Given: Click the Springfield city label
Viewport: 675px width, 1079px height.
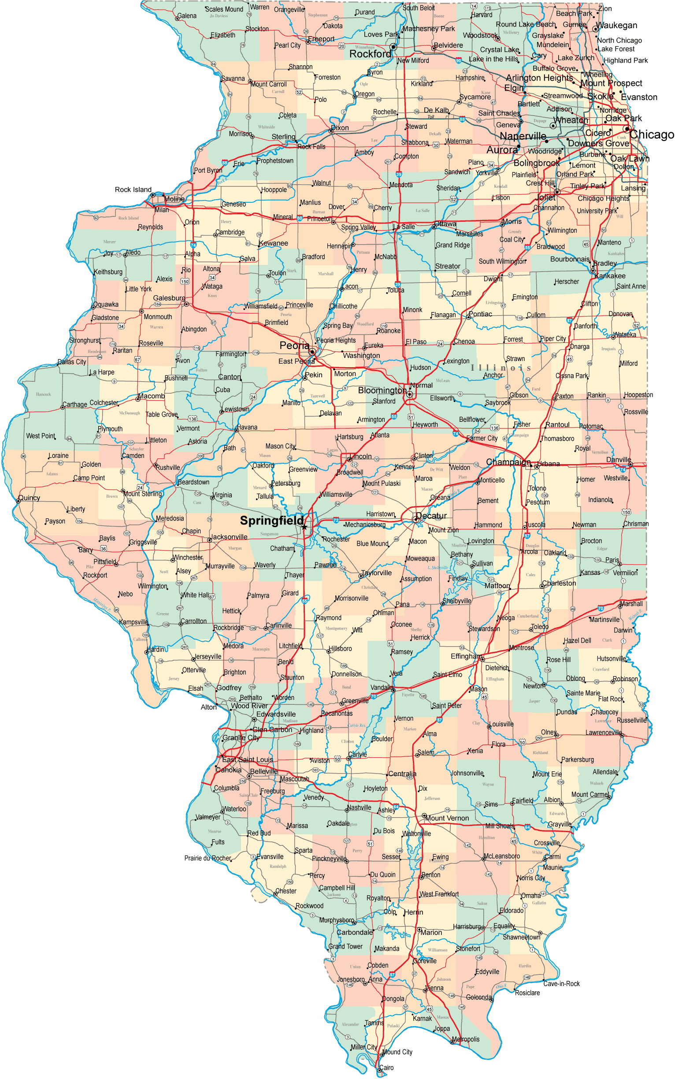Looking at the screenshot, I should [x=271, y=520].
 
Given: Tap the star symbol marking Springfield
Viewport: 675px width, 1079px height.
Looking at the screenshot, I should [x=304, y=528].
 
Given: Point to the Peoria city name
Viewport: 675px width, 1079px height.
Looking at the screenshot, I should [x=294, y=345].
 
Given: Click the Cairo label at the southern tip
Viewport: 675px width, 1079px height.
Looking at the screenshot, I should [x=386, y=1068].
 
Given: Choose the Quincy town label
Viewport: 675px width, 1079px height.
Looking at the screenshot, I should [x=29, y=498].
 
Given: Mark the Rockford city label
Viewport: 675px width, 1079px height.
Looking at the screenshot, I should [x=370, y=54].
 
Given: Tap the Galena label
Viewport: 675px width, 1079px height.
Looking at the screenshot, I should [x=187, y=15].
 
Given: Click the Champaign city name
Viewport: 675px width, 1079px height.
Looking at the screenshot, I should [x=508, y=462].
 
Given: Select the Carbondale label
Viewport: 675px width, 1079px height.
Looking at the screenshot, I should [x=355, y=932].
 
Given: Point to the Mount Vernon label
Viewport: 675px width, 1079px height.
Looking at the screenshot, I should [x=447, y=818].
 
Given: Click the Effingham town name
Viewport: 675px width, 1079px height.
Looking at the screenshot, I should [x=466, y=656].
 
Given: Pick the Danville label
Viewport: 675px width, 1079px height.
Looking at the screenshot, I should [x=618, y=460].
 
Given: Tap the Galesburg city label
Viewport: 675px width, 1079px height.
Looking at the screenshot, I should [x=169, y=298].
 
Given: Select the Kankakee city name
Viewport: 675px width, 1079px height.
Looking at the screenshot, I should [x=610, y=276].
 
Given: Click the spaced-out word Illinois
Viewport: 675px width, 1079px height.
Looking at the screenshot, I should [x=501, y=368].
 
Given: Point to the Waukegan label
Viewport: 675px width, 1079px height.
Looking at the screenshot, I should [x=616, y=26].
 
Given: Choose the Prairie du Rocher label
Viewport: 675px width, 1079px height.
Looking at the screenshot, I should [x=208, y=858].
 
